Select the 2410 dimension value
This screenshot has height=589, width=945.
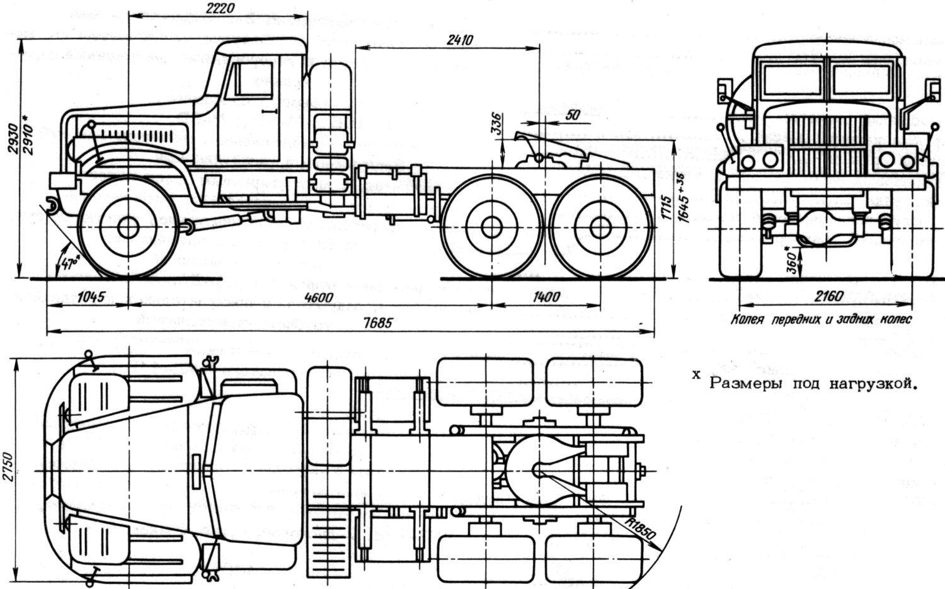click(x=459, y=40)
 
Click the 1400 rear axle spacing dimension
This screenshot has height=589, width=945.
click(x=546, y=297)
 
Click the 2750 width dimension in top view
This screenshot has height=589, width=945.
click(x=8, y=467)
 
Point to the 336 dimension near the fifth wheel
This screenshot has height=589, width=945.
click(x=496, y=120)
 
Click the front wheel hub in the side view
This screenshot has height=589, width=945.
click(x=128, y=228)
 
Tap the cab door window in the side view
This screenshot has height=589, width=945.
click(x=255, y=78)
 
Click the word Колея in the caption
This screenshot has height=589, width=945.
click(x=747, y=320)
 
